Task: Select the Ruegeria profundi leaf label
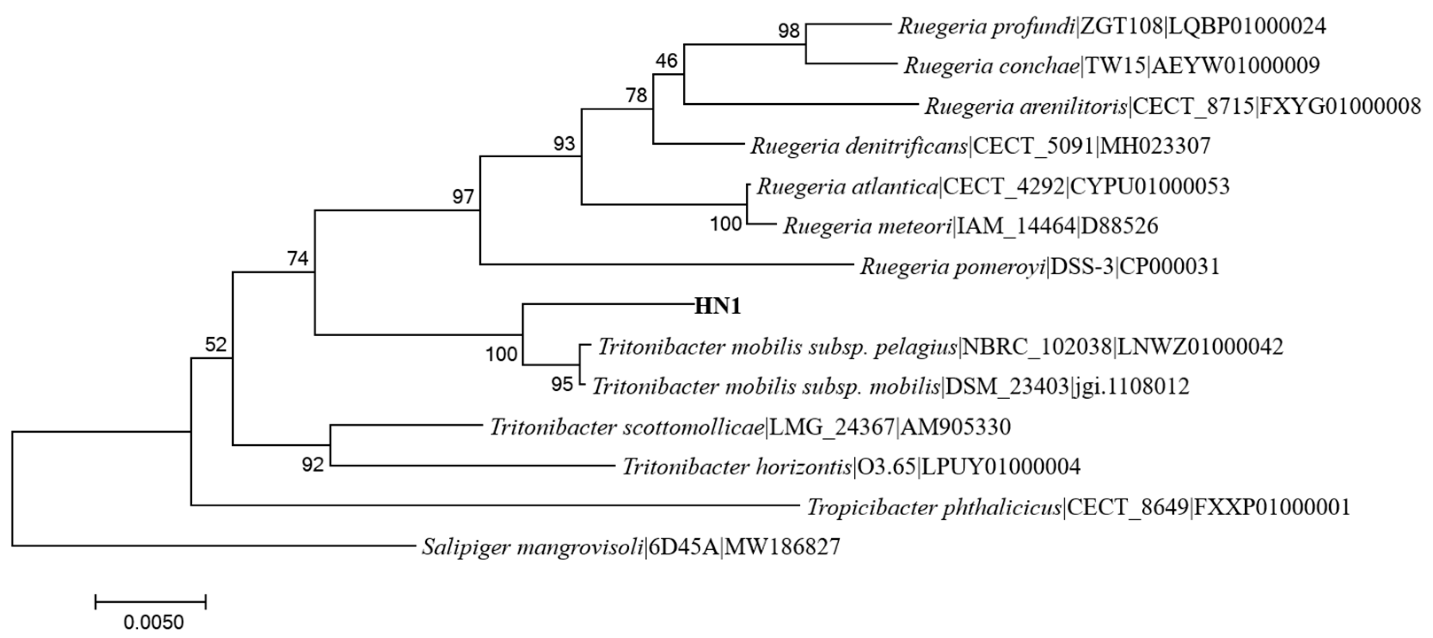click(x=1111, y=26)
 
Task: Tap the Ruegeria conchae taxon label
click(x=1111, y=66)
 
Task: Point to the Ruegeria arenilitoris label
click(x=1172, y=106)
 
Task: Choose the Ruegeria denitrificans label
click(x=980, y=146)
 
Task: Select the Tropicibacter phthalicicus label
click(x=1079, y=507)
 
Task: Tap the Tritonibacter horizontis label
click(x=851, y=467)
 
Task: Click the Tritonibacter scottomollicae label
click(x=750, y=427)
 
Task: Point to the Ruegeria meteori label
click(x=970, y=226)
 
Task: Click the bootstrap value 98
click(x=788, y=31)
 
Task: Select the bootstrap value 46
click(x=666, y=60)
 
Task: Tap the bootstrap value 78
click(x=636, y=96)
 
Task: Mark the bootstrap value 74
click(x=298, y=259)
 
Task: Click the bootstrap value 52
click(x=216, y=346)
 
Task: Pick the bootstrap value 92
click(x=313, y=464)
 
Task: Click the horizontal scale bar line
click(x=151, y=601)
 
